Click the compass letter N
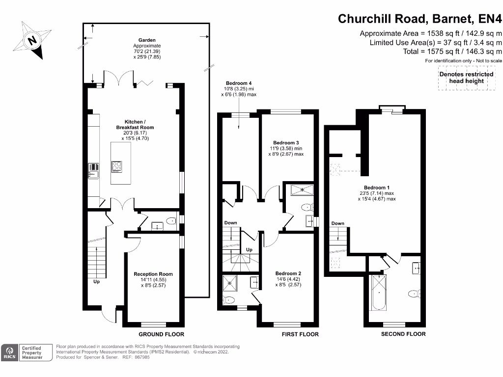pyautogui.click(x=32, y=41)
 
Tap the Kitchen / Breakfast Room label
pyautogui.click(x=135, y=124)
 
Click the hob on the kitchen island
pyautogui.click(x=117, y=167)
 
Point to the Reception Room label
pyautogui.click(x=153, y=274)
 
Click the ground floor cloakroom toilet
pyautogui.click(x=171, y=221)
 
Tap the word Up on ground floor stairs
pyautogui.click(x=97, y=281)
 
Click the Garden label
pyautogui.click(x=147, y=40)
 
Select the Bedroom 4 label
pyautogui.click(x=239, y=83)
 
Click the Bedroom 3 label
pyautogui.click(x=286, y=143)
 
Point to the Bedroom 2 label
pyautogui.click(x=288, y=273)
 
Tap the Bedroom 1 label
pyautogui.click(x=377, y=188)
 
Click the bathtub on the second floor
pyautogui.click(x=379, y=293)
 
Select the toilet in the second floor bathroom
pyautogui.click(x=415, y=294)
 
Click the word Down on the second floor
pyautogui.click(x=338, y=223)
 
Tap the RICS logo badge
pyautogui.click(x=10, y=352)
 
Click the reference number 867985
pyautogui.click(x=142, y=357)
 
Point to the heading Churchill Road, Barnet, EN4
pyautogui.click(x=419, y=19)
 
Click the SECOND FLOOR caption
pyautogui.click(x=403, y=334)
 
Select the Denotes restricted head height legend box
pyautogui.click(x=467, y=78)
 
